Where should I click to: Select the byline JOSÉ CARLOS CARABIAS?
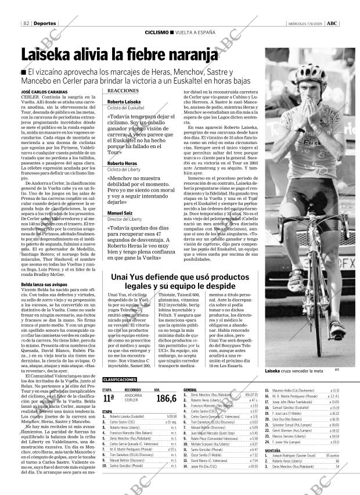pyautogui.click(x=44, y=92)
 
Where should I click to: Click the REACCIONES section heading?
pyautogui.click(x=123, y=91)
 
